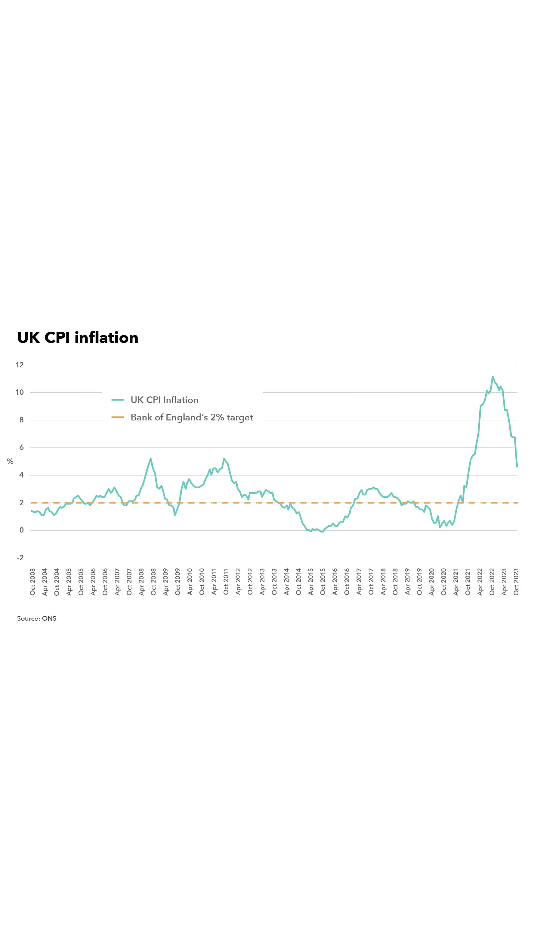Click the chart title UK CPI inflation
pyautogui.click(x=78, y=338)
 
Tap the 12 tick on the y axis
pyautogui.click(x=20, y=365)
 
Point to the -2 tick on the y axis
pyautogui.click(x=20, y=558)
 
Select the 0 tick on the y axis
pyautogui.click(x=21, y=530)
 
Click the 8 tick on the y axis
pyautogui.click(x=21, y=419)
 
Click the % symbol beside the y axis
pyautogui.click(x=10, y=461)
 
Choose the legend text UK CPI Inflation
pyautogui.click(x=164, y=400)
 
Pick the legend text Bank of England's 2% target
pyautogui.click(x=192, y=417)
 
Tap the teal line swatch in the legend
pyautogui.click(x=117, y=400)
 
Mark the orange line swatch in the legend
pyautogui.click(x=117, y=417)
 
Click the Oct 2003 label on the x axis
pyautogui.click(x=32, y=582)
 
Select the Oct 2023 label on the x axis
pyautogui.click(x=516, y=582)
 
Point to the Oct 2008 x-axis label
pyautogui.click(x=153, y=582)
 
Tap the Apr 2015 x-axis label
pyautogui.click(x=311, y=582)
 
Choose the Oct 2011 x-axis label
pyautogui.click(x=226, y=582)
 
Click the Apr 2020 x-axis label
pyautogui.click(x=432, y=582)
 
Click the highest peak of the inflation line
pyautogui.click(x=492, y=376)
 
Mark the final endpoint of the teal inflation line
pyautogui.click(x=517, y=467)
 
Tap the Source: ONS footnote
pyautogui.click(x=37, y=619)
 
